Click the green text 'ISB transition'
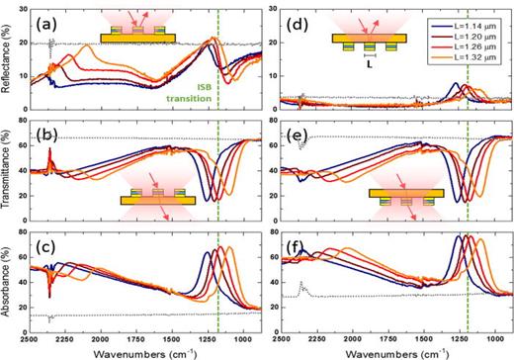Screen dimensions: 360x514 (x=240, y=90)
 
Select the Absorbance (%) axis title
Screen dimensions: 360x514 (x=9, y=282)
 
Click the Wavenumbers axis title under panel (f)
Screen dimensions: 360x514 (x=395, y=351)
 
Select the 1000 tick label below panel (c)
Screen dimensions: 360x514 (x=244, y=337)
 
